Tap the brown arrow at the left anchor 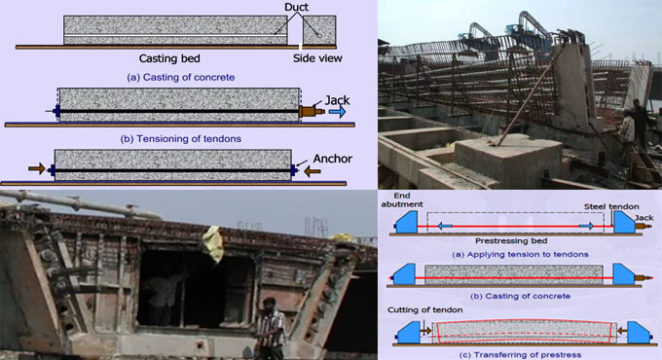(x=38, y=169)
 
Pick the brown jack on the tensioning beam (x=311, y=113)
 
